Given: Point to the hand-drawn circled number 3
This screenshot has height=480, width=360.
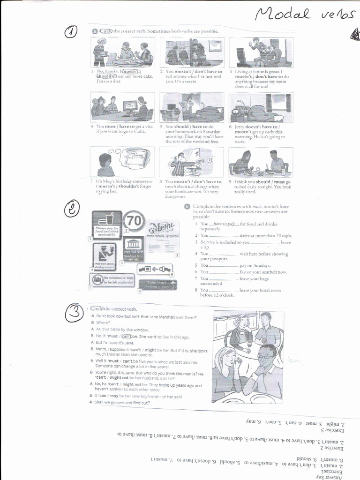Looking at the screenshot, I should pos(75,315).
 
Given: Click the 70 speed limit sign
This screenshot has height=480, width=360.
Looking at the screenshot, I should pos(134,221).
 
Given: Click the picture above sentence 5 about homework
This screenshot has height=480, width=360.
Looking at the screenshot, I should pos(192,107).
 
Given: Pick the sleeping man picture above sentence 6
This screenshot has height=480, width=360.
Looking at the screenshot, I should pos(261,107).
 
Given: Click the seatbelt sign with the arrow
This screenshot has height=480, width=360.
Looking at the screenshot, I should pos(155,270).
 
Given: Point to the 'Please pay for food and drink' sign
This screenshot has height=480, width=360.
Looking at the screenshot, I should pos(106,225).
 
